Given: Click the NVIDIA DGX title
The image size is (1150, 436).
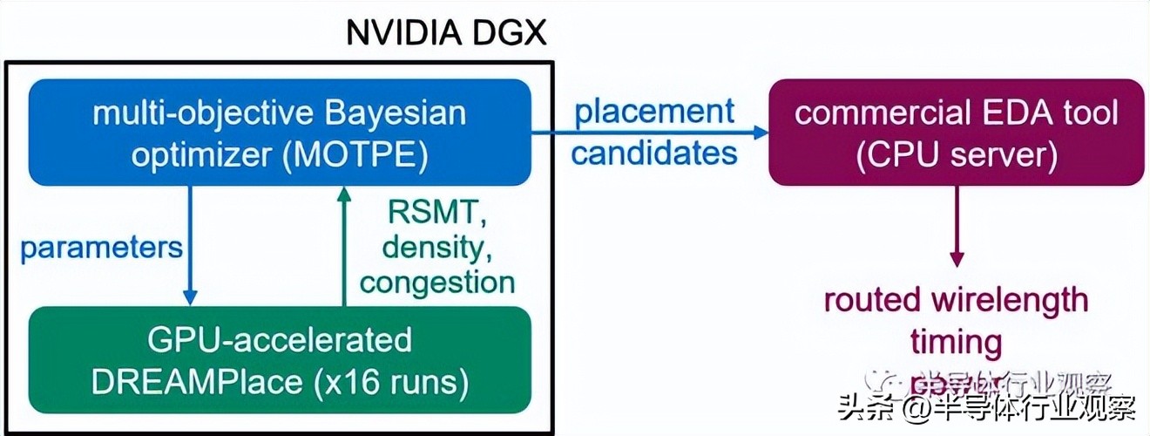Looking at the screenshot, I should [x=445, y=33].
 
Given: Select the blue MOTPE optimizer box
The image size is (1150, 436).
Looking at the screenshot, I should [x=280, y=132].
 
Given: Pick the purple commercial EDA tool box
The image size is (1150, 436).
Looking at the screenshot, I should [x=956, y=132].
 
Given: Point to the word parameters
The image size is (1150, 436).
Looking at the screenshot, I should [x=101, y=247].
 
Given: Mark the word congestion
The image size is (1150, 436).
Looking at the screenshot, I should [x=437, y=282].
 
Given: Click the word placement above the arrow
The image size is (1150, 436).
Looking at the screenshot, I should [x=654, y=112].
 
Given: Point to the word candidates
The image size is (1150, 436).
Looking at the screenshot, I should [x=654, y=153].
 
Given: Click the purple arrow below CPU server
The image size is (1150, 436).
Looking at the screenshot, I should [x=957, y=227].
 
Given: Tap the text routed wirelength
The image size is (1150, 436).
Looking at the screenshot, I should [x=956, y=300].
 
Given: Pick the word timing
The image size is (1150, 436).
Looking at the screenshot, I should [x=956, y=341].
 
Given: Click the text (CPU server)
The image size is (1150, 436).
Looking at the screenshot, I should [x=957, y=154].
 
